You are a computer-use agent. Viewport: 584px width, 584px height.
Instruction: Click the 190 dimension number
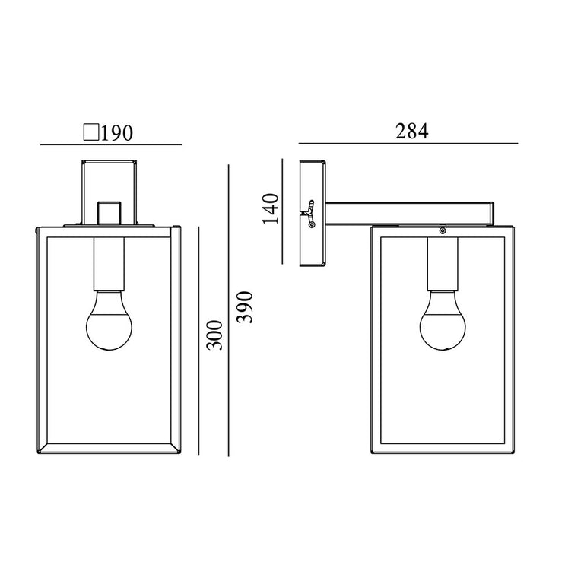116,133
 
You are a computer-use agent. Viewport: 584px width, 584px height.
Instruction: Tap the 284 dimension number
411,131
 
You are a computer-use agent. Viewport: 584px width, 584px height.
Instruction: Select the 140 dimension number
271,208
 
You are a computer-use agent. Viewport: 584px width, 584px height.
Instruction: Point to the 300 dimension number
215,335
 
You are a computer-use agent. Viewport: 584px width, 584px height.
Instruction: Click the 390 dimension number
245,307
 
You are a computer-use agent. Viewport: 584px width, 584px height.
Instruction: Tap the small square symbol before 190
91,132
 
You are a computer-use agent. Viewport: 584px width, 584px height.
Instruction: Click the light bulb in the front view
109,320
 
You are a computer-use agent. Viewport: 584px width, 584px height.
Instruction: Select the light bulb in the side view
443,320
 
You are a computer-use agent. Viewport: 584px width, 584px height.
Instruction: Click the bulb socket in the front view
109,264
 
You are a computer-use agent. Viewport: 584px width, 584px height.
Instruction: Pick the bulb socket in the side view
443,264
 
